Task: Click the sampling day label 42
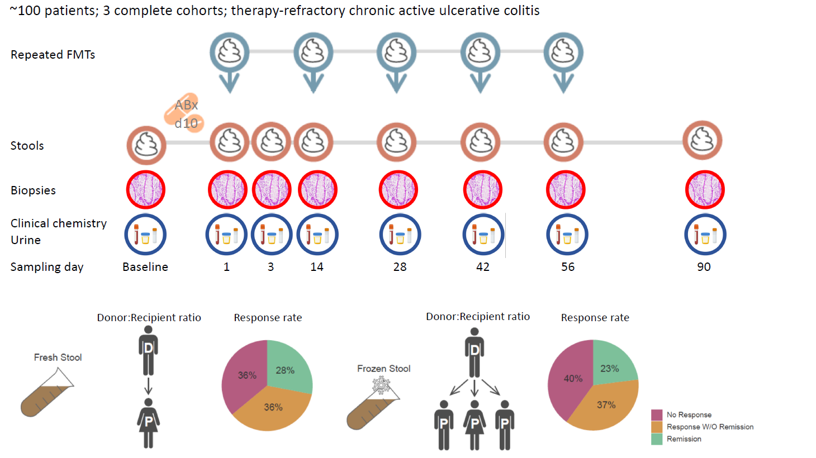click(x=483, y=267)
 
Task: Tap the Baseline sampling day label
click(x=145, y=267)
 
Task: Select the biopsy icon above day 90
click(x=705, y=190)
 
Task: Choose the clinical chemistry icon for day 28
click(x=400, y=235)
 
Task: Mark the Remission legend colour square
click(x=657, y=439)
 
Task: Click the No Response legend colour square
click(x=657, y=415)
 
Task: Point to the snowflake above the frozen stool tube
click(x=382, y=385)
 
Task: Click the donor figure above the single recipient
click(x=148, y=351)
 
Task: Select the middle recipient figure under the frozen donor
click(x=475, y=424)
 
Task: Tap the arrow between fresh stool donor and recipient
click(x=148, y=385)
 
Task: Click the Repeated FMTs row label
click(x=53, y=55)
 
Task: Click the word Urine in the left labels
click(x=26, y=240)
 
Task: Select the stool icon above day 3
click(x=272, y=142)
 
